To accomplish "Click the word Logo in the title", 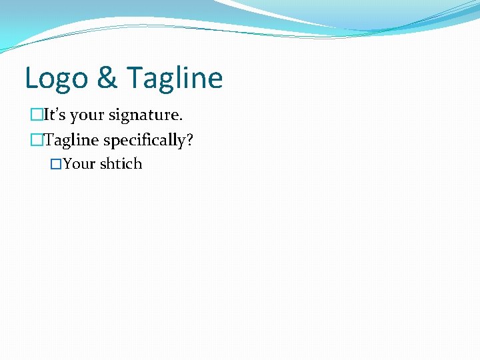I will click(x=56, y=78).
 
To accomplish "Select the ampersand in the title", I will click(x=106, y=78).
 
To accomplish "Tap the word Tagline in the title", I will click(x=174, y=78).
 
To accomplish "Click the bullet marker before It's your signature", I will click(x=35, y=115).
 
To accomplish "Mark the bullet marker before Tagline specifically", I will click(x=35, y=141).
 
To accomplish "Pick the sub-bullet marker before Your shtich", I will click(x=56, y=164).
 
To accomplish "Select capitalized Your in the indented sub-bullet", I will click(x=79, y=164).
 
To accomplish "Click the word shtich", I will click(x=121, y=164).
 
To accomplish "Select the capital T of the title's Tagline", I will click(x=133, y=78).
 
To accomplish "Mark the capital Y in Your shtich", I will click(x=68, y=164).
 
